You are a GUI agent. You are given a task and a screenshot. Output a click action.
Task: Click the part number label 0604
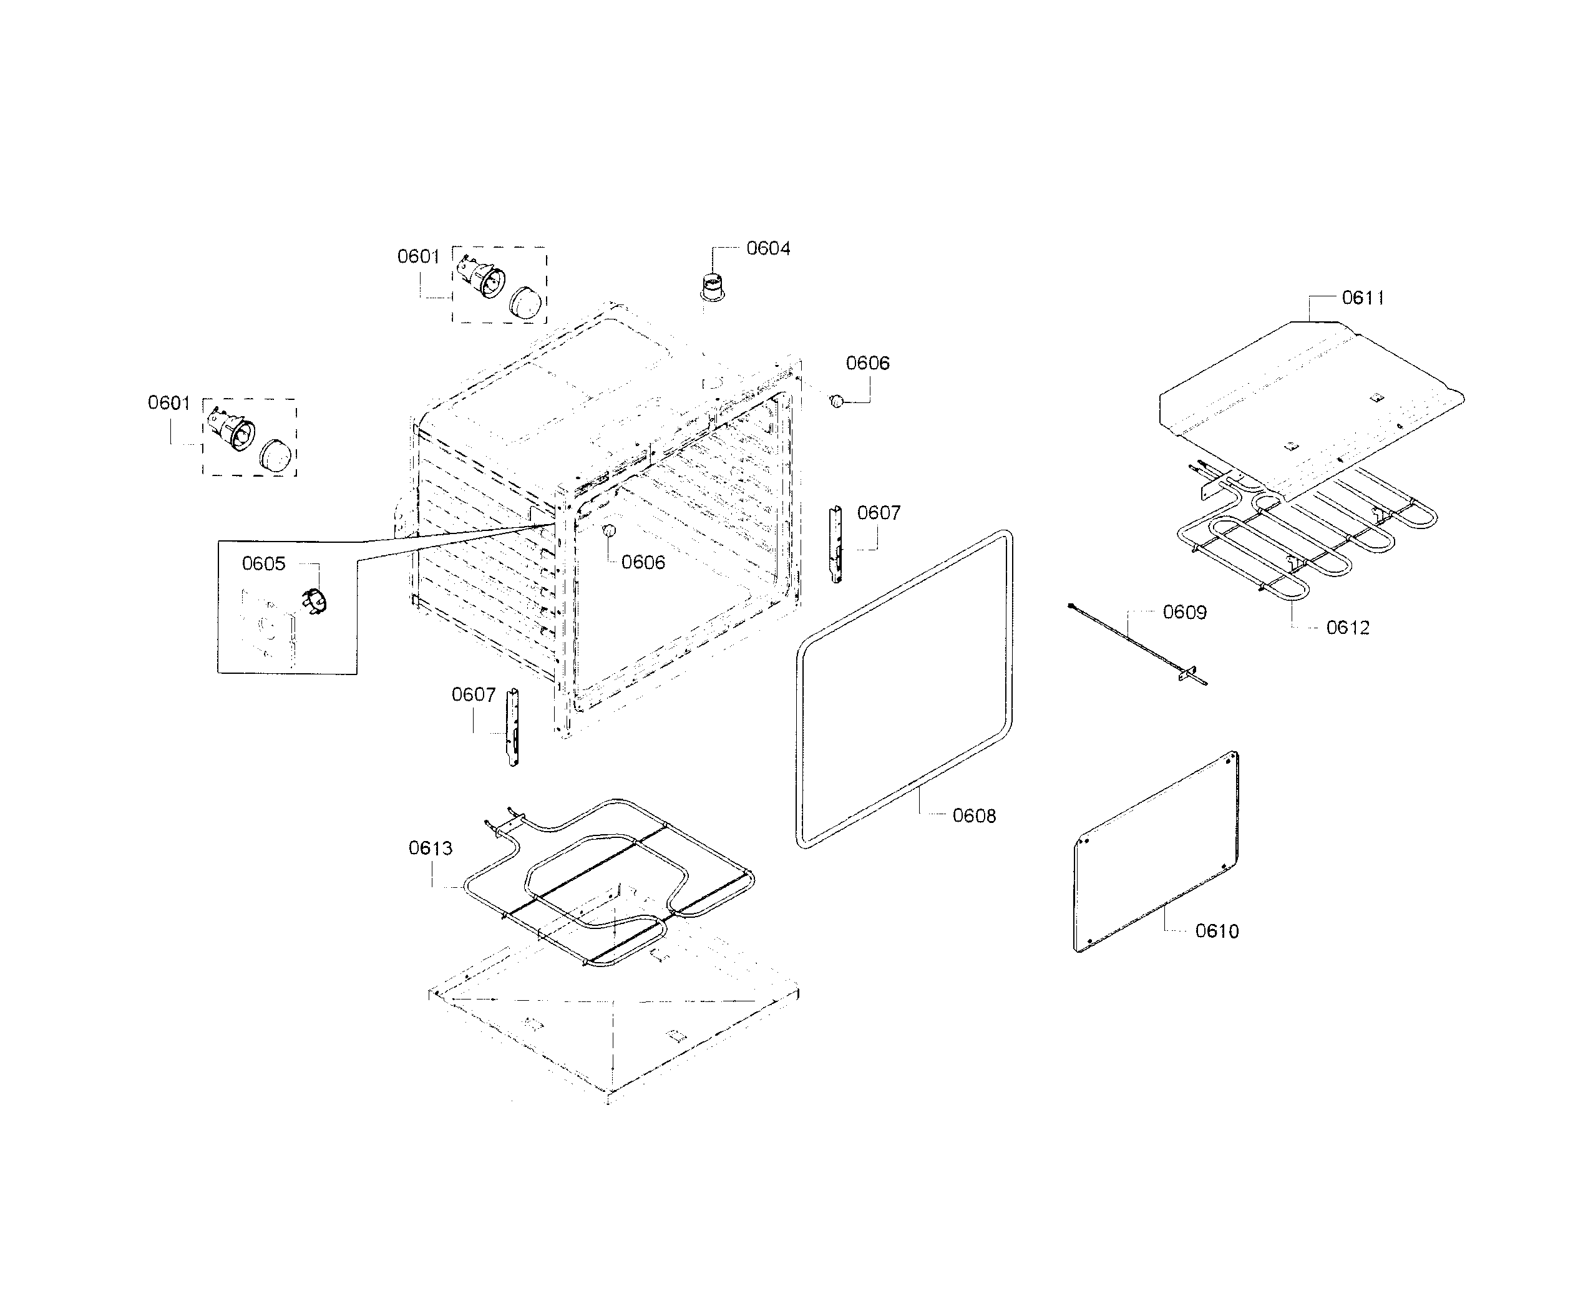pos(768,248)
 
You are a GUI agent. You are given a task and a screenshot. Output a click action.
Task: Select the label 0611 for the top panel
pos(1363,298)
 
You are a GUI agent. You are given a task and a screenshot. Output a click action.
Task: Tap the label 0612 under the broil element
pos(1347,628)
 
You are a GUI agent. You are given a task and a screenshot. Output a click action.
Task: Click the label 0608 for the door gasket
pos(973,816)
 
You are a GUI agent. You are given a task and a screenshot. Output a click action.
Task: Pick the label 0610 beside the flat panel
pos(1217,931)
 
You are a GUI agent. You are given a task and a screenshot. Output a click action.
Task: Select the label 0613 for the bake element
pos(430,849)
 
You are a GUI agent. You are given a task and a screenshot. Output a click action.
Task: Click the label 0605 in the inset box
pos(263,563)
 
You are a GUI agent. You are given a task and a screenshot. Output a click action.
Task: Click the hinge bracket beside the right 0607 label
pos(837,545)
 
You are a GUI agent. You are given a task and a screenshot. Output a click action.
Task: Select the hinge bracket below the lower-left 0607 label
pos(512,727)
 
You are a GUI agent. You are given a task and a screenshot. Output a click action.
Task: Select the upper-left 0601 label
pos(418,256)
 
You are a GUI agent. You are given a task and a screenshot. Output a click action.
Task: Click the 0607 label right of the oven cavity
pos(879,513)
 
